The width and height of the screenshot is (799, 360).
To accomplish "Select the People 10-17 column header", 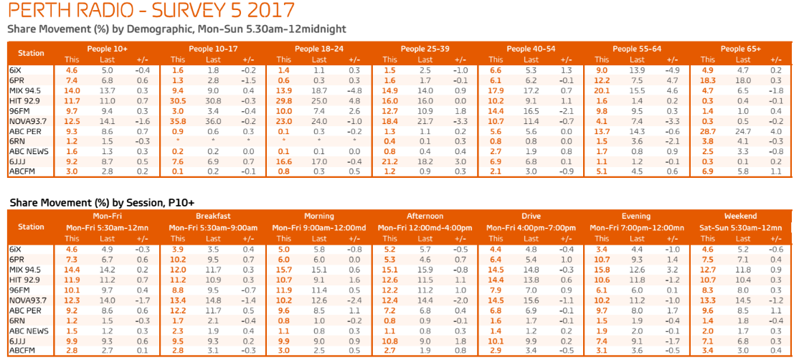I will click(212, 49).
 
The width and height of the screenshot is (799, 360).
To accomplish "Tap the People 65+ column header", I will click(741, 49).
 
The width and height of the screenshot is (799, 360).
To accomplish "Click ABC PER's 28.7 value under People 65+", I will click(709, 132).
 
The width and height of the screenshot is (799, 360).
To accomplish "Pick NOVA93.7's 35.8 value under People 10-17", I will click(177, 122).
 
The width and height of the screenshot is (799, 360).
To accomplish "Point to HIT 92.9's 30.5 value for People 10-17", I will click(177, 101).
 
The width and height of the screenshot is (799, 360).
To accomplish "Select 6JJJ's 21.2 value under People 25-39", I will click(389, 163).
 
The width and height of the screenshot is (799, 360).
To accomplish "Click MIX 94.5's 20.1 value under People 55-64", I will click(602, 90).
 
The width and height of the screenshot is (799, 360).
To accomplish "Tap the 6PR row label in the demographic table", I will click(17, 80).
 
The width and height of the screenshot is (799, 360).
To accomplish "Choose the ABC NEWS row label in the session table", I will click(29, 331).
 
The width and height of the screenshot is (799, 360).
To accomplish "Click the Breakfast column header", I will click(212, 216).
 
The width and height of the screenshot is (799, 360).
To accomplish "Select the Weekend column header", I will click(741, 216).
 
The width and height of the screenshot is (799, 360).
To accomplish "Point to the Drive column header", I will click(530, 216).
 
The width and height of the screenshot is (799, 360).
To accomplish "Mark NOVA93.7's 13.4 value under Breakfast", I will click(178, 300).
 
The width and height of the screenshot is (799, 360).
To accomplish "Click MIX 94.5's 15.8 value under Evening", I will click(602, 269).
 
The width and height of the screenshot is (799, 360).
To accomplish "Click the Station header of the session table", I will click(31, 227).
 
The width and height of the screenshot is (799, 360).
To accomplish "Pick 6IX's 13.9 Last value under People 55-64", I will click(637, 70).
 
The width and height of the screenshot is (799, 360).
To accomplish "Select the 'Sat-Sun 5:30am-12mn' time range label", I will click(741, 227).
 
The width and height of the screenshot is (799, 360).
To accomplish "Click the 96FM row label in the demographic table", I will click(20, 111).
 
